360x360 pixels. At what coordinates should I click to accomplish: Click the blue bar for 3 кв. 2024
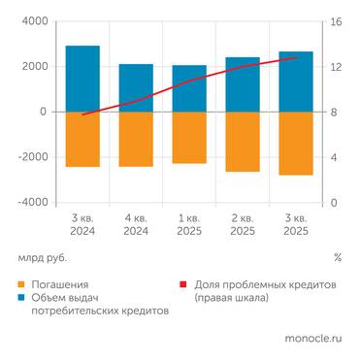tap(82, 79)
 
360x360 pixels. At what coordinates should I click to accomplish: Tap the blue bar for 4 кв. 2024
tap(136, 87)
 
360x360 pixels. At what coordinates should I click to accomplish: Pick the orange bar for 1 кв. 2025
tap(189, 137)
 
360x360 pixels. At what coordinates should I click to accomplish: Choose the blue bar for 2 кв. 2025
tap(243, 84)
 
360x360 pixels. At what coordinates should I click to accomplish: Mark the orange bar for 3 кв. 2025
tap(296, 143)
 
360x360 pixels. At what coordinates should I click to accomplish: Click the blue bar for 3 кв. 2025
tap(296, 82)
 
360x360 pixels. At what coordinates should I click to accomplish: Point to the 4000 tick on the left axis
tap(33, 21)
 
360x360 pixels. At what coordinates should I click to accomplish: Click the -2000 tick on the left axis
tap(31, 157)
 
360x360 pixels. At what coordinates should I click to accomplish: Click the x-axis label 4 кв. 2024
tap(136, 224)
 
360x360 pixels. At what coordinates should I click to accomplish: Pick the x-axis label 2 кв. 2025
tap(243, 224)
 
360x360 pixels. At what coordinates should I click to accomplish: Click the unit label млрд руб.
tap(45, 258)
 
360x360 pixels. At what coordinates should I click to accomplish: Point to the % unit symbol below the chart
tap(337, 258)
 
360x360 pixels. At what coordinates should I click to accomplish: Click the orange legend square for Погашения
tap(22, 286)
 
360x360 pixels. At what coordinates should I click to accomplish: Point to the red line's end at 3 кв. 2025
tap(296, 58)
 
